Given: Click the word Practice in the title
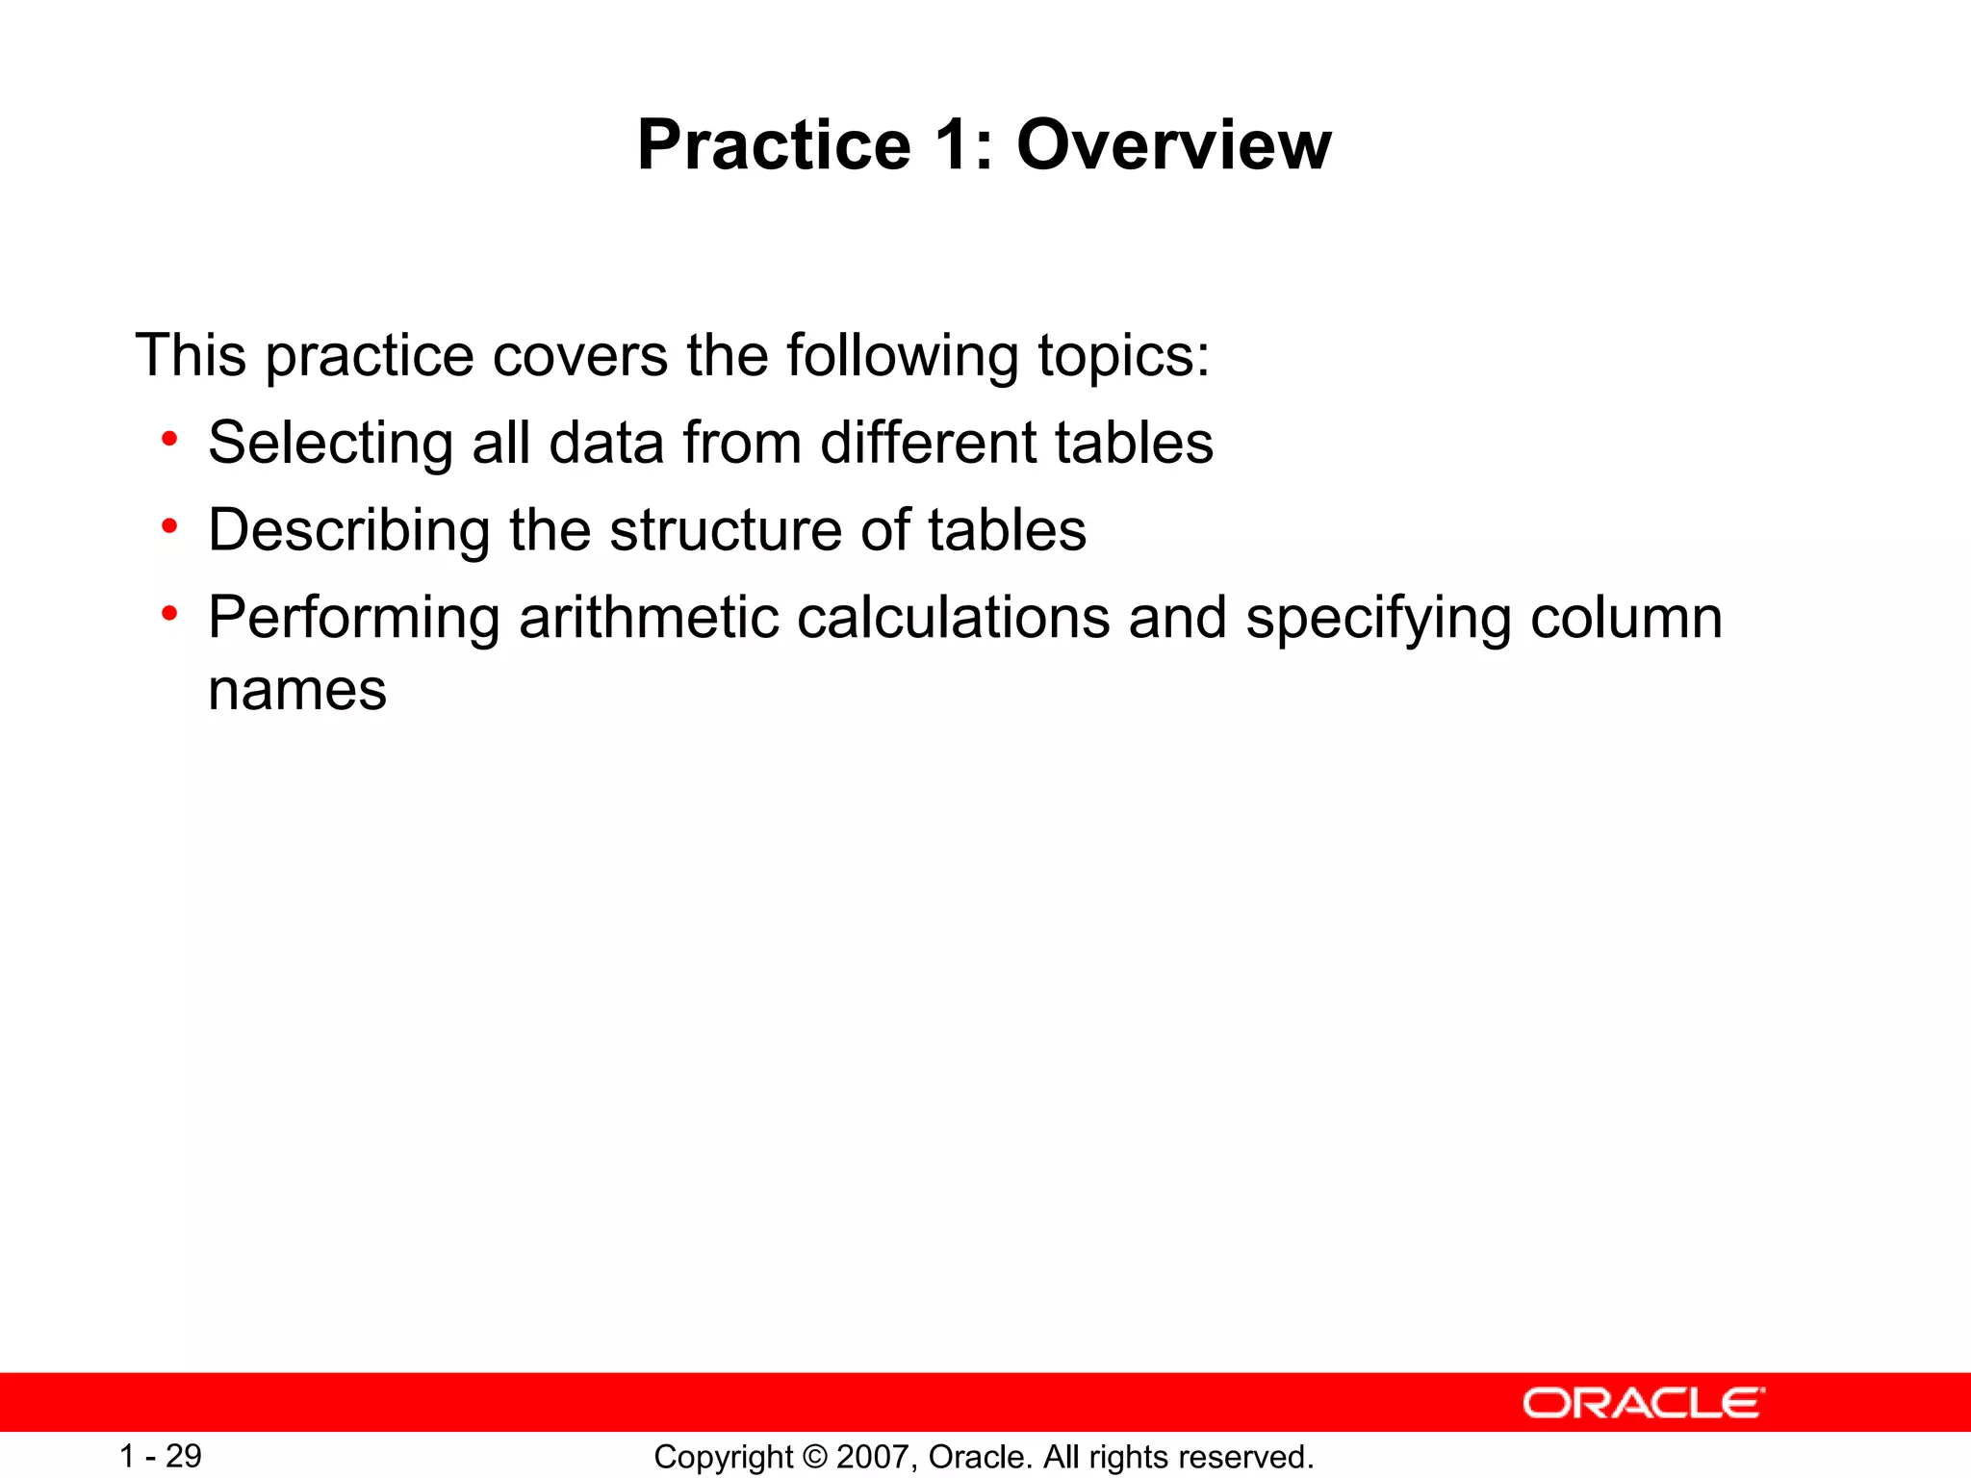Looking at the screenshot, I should click(x=774, y=145).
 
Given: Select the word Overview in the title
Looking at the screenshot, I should click(x=1173, y=145).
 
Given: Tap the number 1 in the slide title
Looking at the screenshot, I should click(x=954, y=145).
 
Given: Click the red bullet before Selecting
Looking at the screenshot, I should click(x=170, y=440).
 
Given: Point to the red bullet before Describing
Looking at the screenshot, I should click(x=170, y=527).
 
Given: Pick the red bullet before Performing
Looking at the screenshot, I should click(x=170, y=614).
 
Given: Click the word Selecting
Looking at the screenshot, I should click(x=330, y=444).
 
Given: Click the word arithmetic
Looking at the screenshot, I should click(x=649, y=618).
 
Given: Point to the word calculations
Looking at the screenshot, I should click(x=953, y=618).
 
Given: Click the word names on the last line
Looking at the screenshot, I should click(x=297, y=691).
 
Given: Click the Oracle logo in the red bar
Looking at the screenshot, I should click(x=1643, y=1403).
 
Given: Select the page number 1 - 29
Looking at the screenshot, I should click(x=160, y=1456).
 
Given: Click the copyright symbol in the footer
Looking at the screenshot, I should click(x=814, y=1457).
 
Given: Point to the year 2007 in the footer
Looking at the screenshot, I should click(x=873, y=1457).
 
